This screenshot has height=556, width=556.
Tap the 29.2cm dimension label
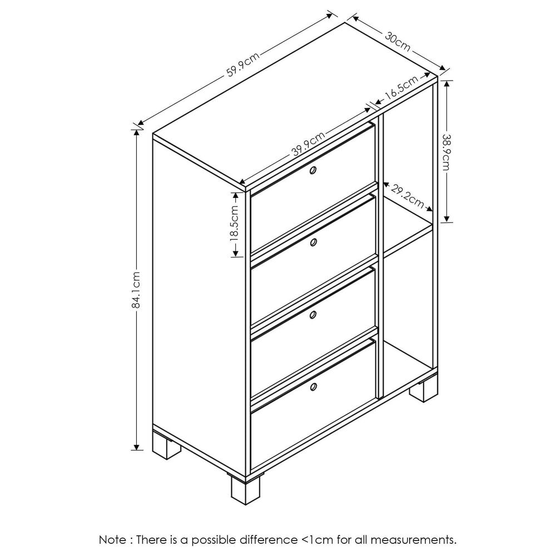tap(407, 195)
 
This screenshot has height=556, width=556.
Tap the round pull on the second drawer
tap(313, 242)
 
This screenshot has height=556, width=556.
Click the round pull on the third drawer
tap(313, 315)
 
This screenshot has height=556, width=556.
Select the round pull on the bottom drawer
tap(313, 387)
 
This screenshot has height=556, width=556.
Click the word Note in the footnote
tap(112, 539)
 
